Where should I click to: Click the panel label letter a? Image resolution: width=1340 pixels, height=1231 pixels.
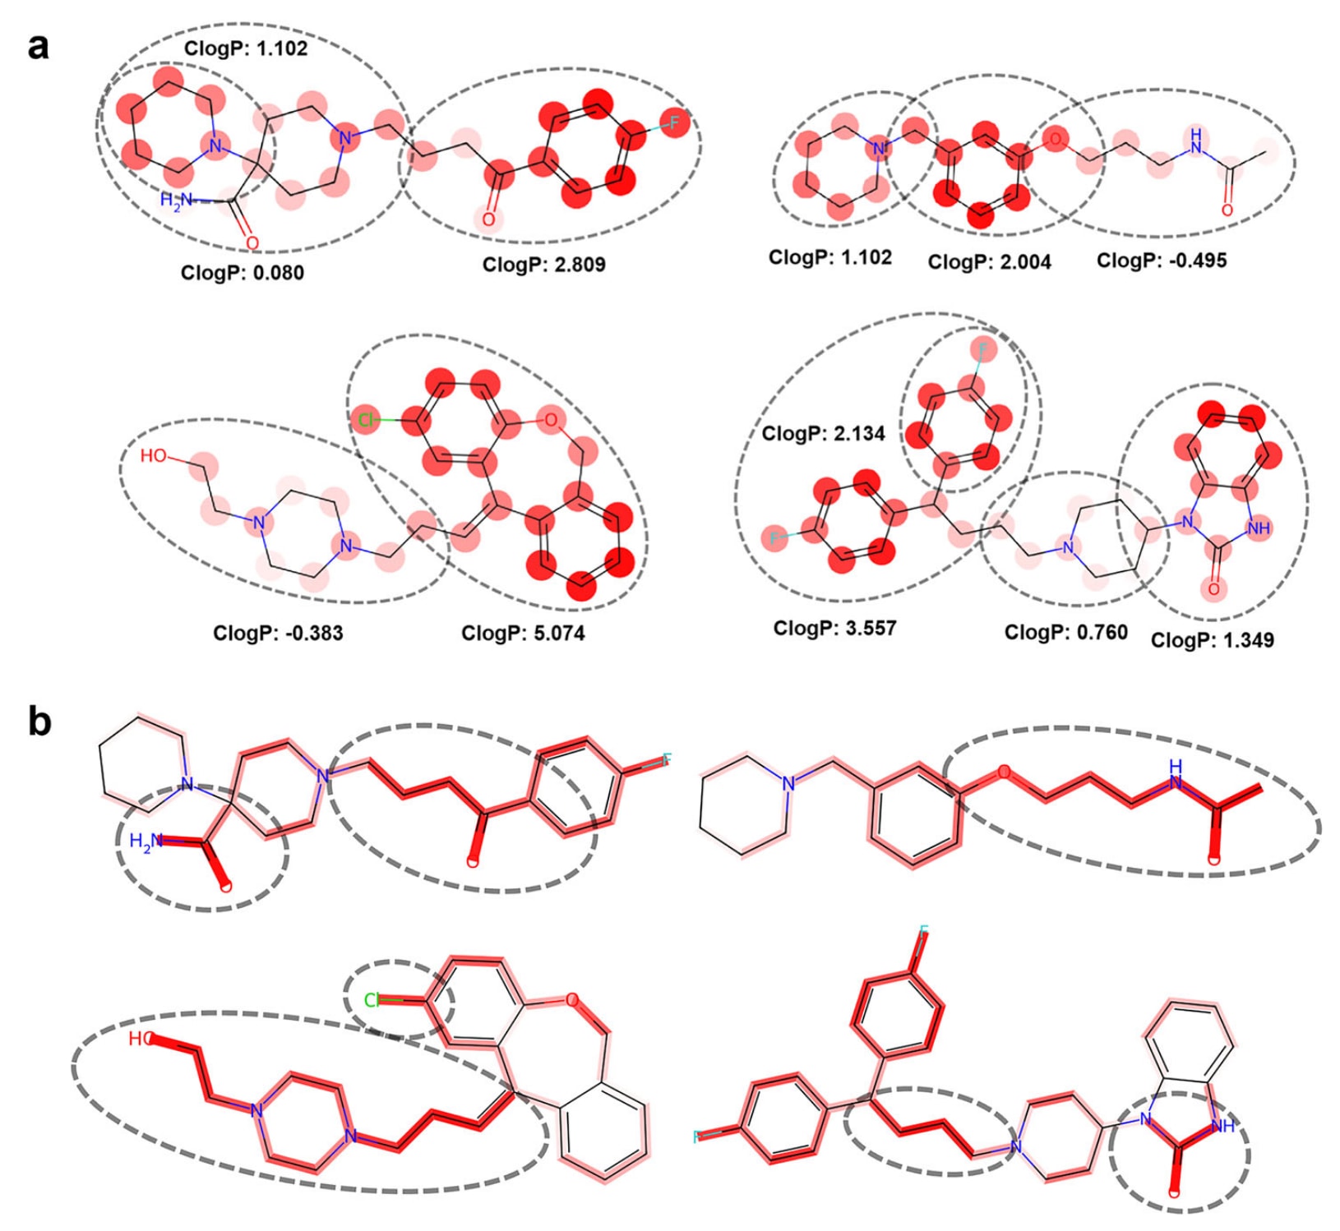click(x=38, y=48)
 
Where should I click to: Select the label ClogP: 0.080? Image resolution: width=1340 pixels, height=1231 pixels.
click(x=242, y=273)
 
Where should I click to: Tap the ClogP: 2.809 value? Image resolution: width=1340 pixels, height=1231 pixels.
click(x=543, y=265)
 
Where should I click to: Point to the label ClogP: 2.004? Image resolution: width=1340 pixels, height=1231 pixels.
click(x=989, y=262)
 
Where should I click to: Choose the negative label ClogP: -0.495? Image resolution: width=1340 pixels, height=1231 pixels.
click(x=1161, y=260)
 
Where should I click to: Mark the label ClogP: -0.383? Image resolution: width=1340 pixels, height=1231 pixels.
click(x=278, y=633)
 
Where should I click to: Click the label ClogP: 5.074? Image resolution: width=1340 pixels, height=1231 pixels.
click(x=523, y=634)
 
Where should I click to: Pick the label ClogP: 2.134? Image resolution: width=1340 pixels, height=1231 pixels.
click(x=823, y=433)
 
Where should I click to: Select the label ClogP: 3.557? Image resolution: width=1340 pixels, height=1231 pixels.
click(x=834, y=629)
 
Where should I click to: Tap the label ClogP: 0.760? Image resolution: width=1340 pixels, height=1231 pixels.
click(x=1065, y=632)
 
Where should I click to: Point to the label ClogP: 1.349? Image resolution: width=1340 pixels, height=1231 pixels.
click(x=1212, y=640)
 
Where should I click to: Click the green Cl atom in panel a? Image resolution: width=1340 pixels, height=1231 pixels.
click(x=365, y=421)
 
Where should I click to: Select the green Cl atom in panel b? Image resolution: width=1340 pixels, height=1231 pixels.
click(x=372, y=1000)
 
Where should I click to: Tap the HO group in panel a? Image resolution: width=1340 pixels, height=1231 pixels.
click(x=153, y=455)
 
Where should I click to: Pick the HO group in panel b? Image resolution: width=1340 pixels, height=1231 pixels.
click(x=141, y=1039)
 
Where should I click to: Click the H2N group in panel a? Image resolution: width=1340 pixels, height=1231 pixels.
click(x=176, y=199)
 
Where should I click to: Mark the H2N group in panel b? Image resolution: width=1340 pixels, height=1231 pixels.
click(x=146, y=841)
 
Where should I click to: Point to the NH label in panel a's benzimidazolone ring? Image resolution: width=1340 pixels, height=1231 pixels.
click(x=1258, y=528)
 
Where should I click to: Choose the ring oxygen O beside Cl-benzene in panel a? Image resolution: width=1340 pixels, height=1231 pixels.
click(x=550, y=420)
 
